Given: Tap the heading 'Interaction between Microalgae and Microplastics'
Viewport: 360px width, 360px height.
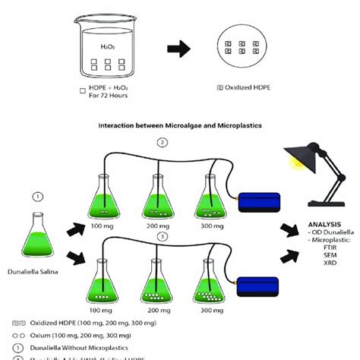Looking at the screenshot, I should click(x=179, y=128).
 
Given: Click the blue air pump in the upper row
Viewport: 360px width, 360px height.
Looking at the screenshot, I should click(x=261, y=201).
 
